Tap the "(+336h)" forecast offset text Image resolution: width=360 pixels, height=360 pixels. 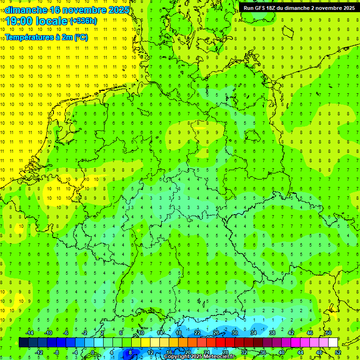coord(83,21)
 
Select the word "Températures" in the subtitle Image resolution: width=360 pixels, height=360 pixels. coord(29,37)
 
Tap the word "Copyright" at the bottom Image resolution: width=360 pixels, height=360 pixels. coord(176,357)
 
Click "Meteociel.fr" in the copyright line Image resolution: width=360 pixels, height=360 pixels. coord(220,357)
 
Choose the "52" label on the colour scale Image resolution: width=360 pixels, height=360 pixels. coord(337,352)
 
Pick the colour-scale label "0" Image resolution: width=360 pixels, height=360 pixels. coord(93,352)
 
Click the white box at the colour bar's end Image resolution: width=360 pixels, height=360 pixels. coord(333,342)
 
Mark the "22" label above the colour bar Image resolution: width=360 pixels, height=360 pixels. coord(197,333)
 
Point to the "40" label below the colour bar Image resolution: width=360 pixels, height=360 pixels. coord(282,352)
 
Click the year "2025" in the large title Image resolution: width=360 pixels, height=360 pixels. coord(119,10)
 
